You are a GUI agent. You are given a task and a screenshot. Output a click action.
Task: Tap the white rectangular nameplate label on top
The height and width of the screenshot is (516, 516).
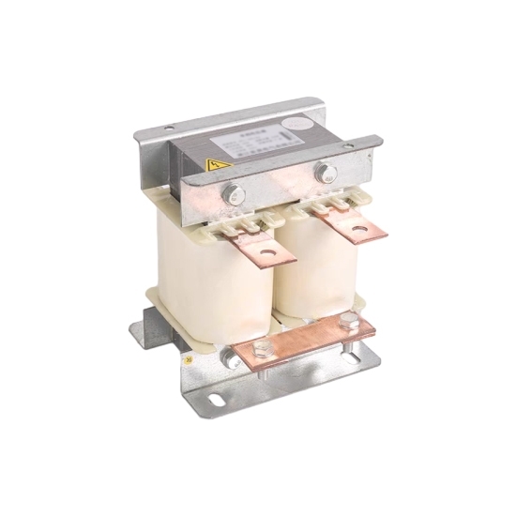click(x=247, y=144)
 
